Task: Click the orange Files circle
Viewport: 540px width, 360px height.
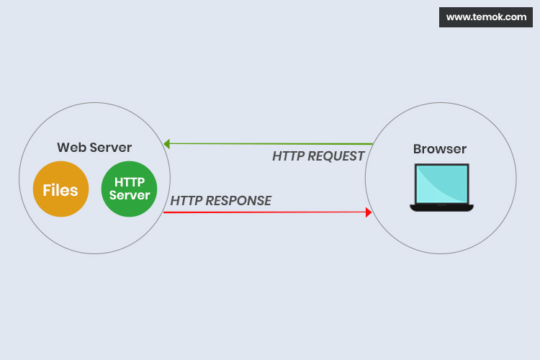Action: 60,190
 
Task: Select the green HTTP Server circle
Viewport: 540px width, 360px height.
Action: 129,189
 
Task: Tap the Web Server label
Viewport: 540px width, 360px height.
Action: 94,148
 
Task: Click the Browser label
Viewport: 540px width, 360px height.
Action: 440,149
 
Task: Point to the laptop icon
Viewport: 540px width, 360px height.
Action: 441,187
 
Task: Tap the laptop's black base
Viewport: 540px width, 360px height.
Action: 441,207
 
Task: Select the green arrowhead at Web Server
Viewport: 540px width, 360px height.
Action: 166,144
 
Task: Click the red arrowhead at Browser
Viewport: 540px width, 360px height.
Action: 369,212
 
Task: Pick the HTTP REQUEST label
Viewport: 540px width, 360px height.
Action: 318,156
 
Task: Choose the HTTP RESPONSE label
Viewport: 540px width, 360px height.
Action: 221,200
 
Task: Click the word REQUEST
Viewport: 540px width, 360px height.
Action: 336,156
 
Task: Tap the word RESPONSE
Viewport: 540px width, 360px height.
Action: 238,200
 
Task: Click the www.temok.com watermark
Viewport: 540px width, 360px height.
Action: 486,17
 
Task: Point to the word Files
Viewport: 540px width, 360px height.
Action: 60,190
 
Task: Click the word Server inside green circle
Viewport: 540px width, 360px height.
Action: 130,196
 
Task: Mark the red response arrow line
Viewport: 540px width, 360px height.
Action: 266,212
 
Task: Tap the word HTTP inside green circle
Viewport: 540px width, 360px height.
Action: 130,183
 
